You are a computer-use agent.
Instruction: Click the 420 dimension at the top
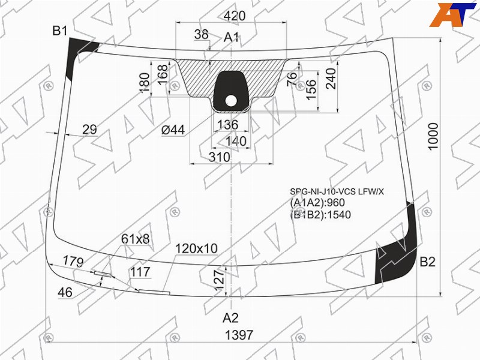[235, 16]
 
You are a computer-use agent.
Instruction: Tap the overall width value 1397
[239, 335]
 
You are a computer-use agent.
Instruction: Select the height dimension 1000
[433, 137]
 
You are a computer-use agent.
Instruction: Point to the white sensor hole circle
[231, 101]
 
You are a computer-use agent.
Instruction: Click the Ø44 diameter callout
[173, 130]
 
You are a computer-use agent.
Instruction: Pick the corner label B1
[59, 31]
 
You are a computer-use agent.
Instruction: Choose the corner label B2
[427, 262]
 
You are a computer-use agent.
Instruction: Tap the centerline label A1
[231, 37]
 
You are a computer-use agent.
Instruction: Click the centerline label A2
[230, 318]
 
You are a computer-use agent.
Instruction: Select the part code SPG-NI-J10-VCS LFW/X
[337, 192]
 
